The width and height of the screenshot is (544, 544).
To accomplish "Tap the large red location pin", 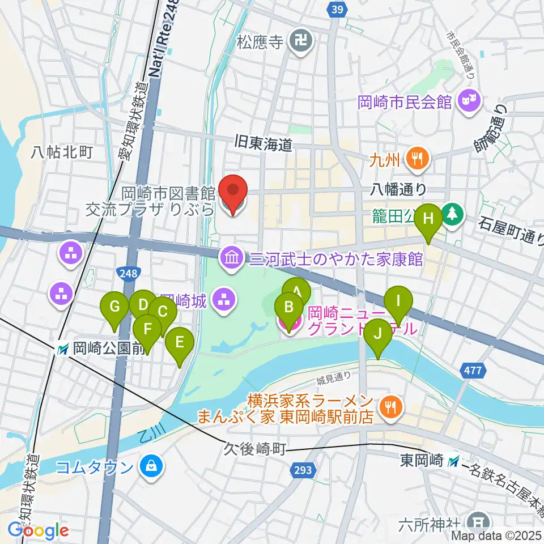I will tap(233, 194).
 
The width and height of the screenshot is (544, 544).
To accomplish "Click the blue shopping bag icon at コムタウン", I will tap(152, 466).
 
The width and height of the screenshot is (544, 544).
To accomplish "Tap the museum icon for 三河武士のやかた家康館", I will tap(231, 259).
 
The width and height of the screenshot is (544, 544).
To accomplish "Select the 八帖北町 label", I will tap(62, 151).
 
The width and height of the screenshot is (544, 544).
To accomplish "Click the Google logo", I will tap(39, 531).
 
